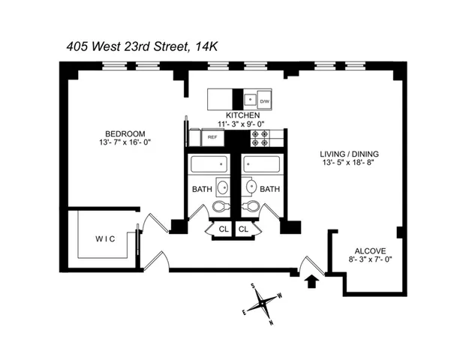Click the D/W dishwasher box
coord(265,100)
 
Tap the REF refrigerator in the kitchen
coord(212,138)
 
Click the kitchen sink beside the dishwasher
coord(248,99)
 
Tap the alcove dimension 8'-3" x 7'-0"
coord(368,259)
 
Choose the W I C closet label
coord(105,240)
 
